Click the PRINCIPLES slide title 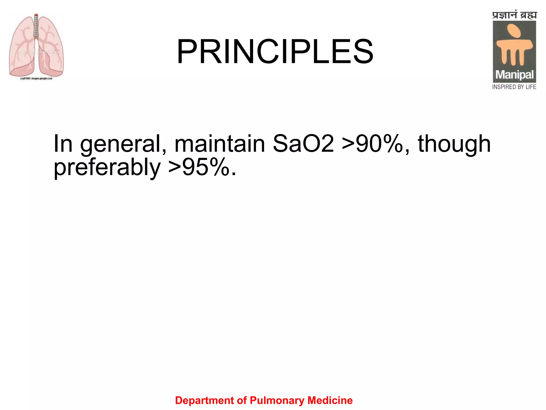(275, 52)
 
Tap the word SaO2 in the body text (303, 144)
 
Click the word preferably (107, 168)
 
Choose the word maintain (219, 144)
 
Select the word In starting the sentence (63, 144)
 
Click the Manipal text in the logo (514, 75)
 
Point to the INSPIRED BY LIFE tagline (514, 87)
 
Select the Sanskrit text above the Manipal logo (514, 15)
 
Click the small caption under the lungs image (36, 78)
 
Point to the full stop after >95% (234, 174)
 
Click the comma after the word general (164, 151)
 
